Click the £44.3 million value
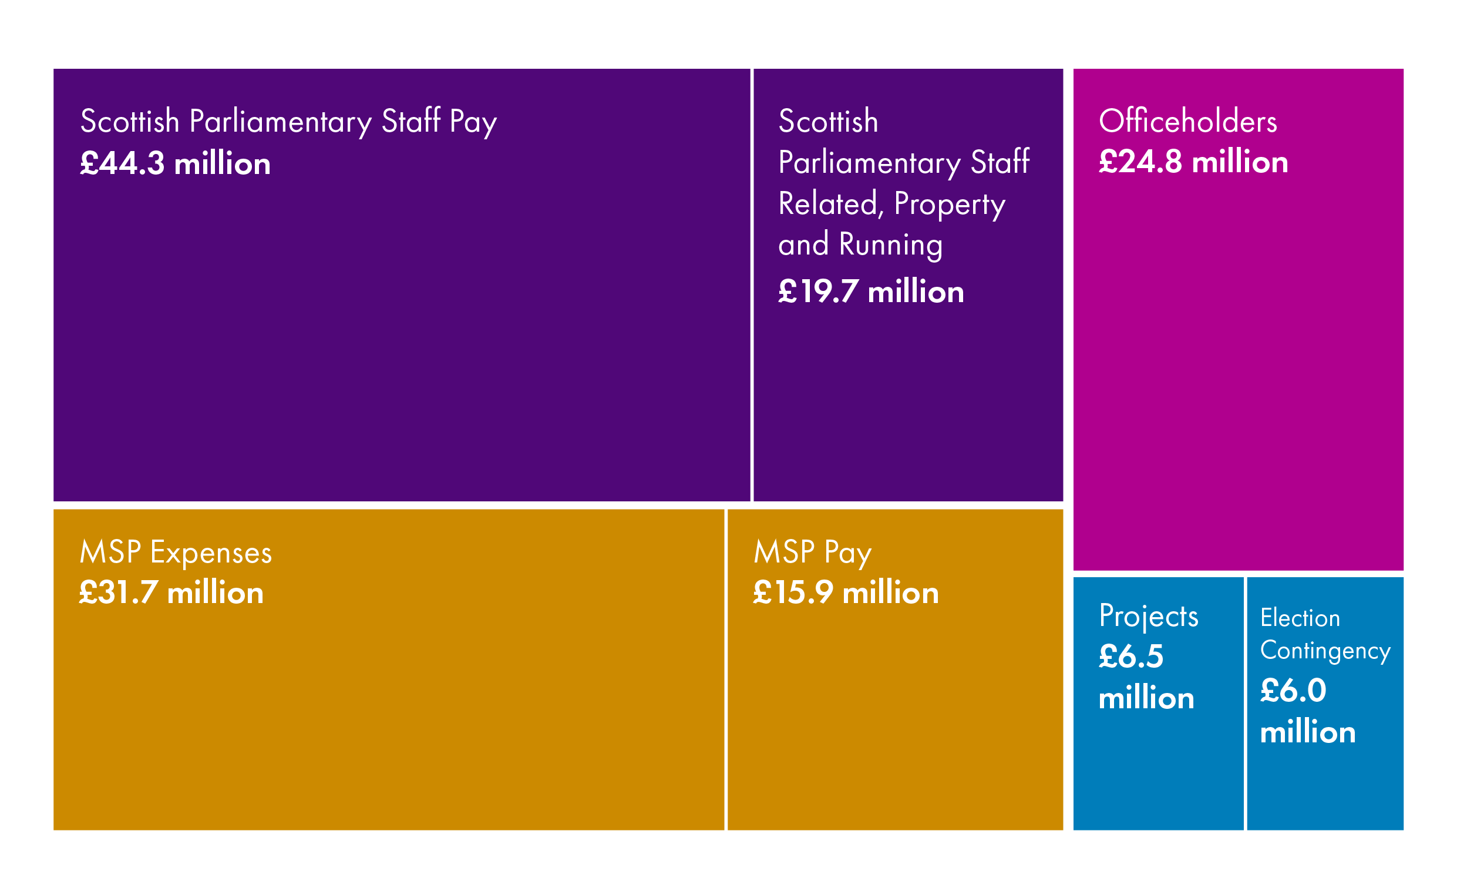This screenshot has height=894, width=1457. (175, 163)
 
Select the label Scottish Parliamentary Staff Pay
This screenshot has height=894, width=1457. (288, 122)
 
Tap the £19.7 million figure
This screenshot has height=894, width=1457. (870, 292)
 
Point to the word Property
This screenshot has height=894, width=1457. (949, 205)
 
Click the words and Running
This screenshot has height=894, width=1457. (860, 245)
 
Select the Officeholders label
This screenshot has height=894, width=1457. (1187, 121)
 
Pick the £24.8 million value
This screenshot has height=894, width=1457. (1193, 162)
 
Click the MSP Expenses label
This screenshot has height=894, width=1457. (176, 553)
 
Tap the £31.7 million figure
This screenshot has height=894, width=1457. (171, 592)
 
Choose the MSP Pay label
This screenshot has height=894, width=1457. (812, 553)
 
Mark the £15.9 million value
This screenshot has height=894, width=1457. (845, 592)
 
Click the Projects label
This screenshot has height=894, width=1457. (1148, 617)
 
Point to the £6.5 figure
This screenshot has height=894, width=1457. (1130, 657)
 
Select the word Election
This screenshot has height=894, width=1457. (1300, 618)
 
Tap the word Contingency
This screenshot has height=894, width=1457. (1324, 651)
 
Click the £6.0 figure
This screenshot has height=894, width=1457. (1293, 691)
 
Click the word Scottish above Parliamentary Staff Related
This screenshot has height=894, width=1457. (828, 121)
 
